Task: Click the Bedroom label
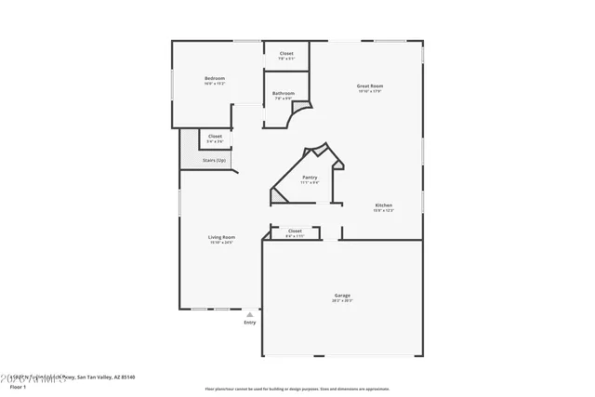215,78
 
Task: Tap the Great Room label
370,86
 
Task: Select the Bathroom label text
284,93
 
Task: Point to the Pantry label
310,177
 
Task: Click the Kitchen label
383,205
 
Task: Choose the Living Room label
221,237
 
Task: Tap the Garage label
342,294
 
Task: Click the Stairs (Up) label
215,160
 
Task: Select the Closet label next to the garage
295,231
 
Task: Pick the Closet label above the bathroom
286,53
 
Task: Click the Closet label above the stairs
215,136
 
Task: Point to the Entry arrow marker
249,315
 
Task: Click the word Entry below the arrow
249,323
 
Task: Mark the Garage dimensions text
342,300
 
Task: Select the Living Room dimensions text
221,244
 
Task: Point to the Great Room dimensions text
370,91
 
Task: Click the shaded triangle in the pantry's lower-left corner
276,196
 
